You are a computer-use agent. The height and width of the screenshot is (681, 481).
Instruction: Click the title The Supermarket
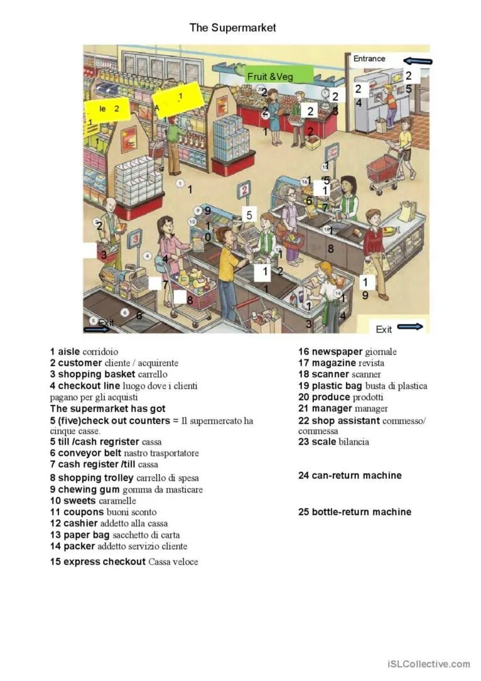tap(232, 28)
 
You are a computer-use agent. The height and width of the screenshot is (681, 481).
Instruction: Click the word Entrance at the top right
tap(369, 58)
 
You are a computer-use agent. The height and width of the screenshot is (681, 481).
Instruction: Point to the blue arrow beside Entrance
tap(418, 61)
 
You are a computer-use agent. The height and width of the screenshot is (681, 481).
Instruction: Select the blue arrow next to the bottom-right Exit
tap(410, 327)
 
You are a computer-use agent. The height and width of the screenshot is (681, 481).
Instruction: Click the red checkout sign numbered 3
tap(134, 239)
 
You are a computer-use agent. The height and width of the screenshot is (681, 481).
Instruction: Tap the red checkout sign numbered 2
tap(244, 188)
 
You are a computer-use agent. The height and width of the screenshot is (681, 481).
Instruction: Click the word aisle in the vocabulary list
tap(69, 352)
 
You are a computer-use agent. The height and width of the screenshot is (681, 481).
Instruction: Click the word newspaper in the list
tap(337, 352)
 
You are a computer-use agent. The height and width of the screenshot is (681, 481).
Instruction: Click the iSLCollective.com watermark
tap(428, 664)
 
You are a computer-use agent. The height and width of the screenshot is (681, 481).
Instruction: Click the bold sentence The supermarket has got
tap(108, 409)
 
